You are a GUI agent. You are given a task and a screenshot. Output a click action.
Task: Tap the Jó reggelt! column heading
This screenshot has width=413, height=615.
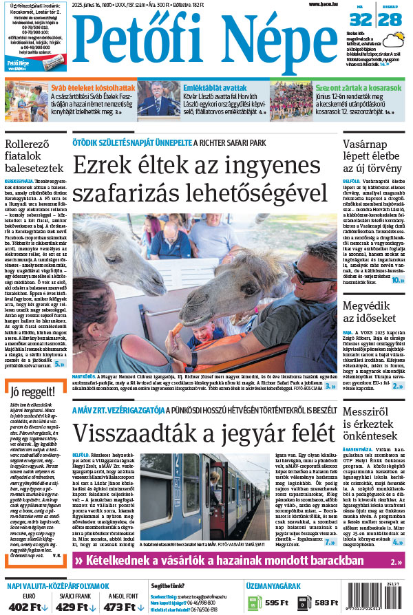[x=30, y=393]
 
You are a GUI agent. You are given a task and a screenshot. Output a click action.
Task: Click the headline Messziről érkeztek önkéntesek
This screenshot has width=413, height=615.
[x=376, y=424]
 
